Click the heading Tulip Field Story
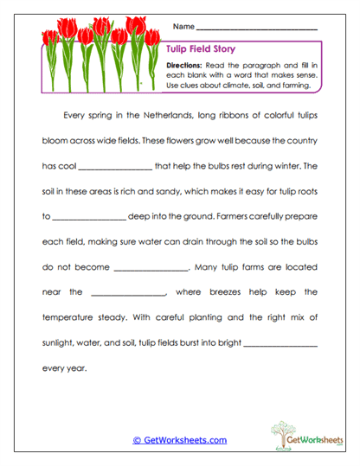(x=199, y=50)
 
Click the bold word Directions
(x=184, y=65)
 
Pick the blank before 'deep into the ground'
(x=89, y=216)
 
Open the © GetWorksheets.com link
(x=180, y=440)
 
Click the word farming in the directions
(x=300, y=86)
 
